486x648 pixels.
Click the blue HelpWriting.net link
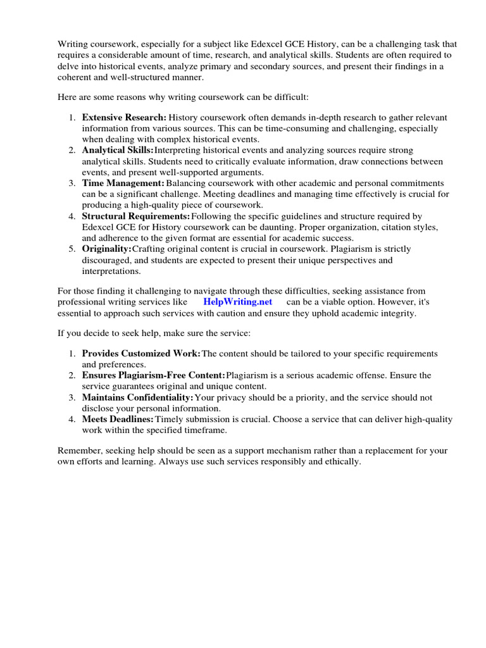click(x=237, y=302)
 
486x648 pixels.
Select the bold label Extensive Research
click(x=124, y=117)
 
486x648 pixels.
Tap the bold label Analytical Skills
click(x=118, y=150)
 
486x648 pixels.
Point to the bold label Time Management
click(x=123, y=183)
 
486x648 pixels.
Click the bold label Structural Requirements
click(x=136, y=216)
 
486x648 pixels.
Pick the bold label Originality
click(x=106, y=249)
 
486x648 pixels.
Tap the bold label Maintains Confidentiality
click(x=137, y=397)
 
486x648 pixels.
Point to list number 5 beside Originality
click(x=72, y=249)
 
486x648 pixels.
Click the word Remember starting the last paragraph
click(x=80, y=451)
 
